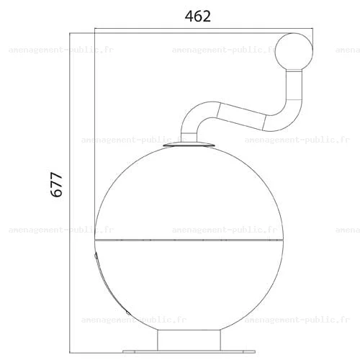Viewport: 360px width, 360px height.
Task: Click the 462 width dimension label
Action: [x=198, y=17]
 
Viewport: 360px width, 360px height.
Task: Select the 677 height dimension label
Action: [x=57, y=184]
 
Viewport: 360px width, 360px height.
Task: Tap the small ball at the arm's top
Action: [x=294, y=51]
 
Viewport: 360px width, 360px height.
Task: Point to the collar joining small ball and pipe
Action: [x=294, y=71]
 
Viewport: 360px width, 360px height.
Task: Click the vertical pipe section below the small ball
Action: [x=294, y=86]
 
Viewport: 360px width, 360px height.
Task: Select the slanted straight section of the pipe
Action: [x=242, y=116]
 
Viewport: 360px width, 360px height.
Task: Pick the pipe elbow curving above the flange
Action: [x=199, y=117]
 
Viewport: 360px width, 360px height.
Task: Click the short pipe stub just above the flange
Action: [x=189, y=138]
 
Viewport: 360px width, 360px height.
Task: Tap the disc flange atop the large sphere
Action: [x=189, y=145]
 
